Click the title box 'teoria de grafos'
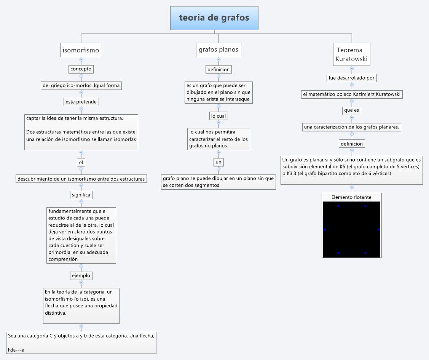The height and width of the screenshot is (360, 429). point(214,18)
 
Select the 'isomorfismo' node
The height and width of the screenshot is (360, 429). point(81,50)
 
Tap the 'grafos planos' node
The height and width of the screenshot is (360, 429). point(218,50)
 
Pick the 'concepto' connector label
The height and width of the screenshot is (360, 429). point(81,69)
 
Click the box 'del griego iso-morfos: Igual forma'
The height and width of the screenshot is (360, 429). point(81,85)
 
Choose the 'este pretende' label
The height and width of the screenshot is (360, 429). point(81,102)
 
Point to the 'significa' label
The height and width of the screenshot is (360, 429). point(81,195)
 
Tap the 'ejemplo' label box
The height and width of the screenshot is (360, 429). point(81,275)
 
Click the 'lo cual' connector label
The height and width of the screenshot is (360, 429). point(218,115)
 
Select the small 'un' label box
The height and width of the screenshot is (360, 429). point(218,162)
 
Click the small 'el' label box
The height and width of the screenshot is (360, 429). point(81,162)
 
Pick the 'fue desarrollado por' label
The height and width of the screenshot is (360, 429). point(352,78)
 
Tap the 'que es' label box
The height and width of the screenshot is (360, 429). point(352,110)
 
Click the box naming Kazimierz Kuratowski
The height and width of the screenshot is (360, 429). point(352,94)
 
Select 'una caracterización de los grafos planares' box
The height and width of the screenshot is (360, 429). point(352,127)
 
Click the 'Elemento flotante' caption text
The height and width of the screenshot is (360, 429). point(351,197)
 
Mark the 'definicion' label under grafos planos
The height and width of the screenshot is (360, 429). point(218,69)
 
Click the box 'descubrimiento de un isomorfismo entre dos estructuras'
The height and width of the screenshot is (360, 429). point(81,179)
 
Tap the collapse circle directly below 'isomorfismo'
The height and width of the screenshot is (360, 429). point(81,60)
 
